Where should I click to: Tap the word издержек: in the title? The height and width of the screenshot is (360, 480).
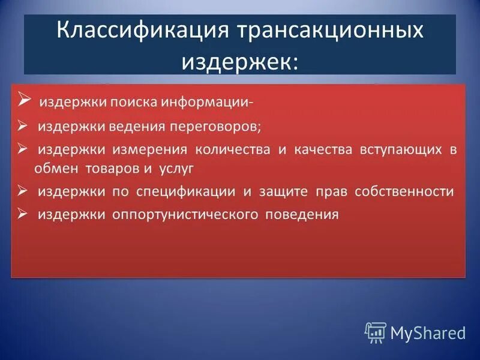pyautogui.click(x=239, y=61)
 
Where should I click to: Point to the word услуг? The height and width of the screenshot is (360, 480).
pyautogui.click(x=177, y=169)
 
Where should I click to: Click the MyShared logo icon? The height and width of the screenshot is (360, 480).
pyautogui.click(x=375, y=332)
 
